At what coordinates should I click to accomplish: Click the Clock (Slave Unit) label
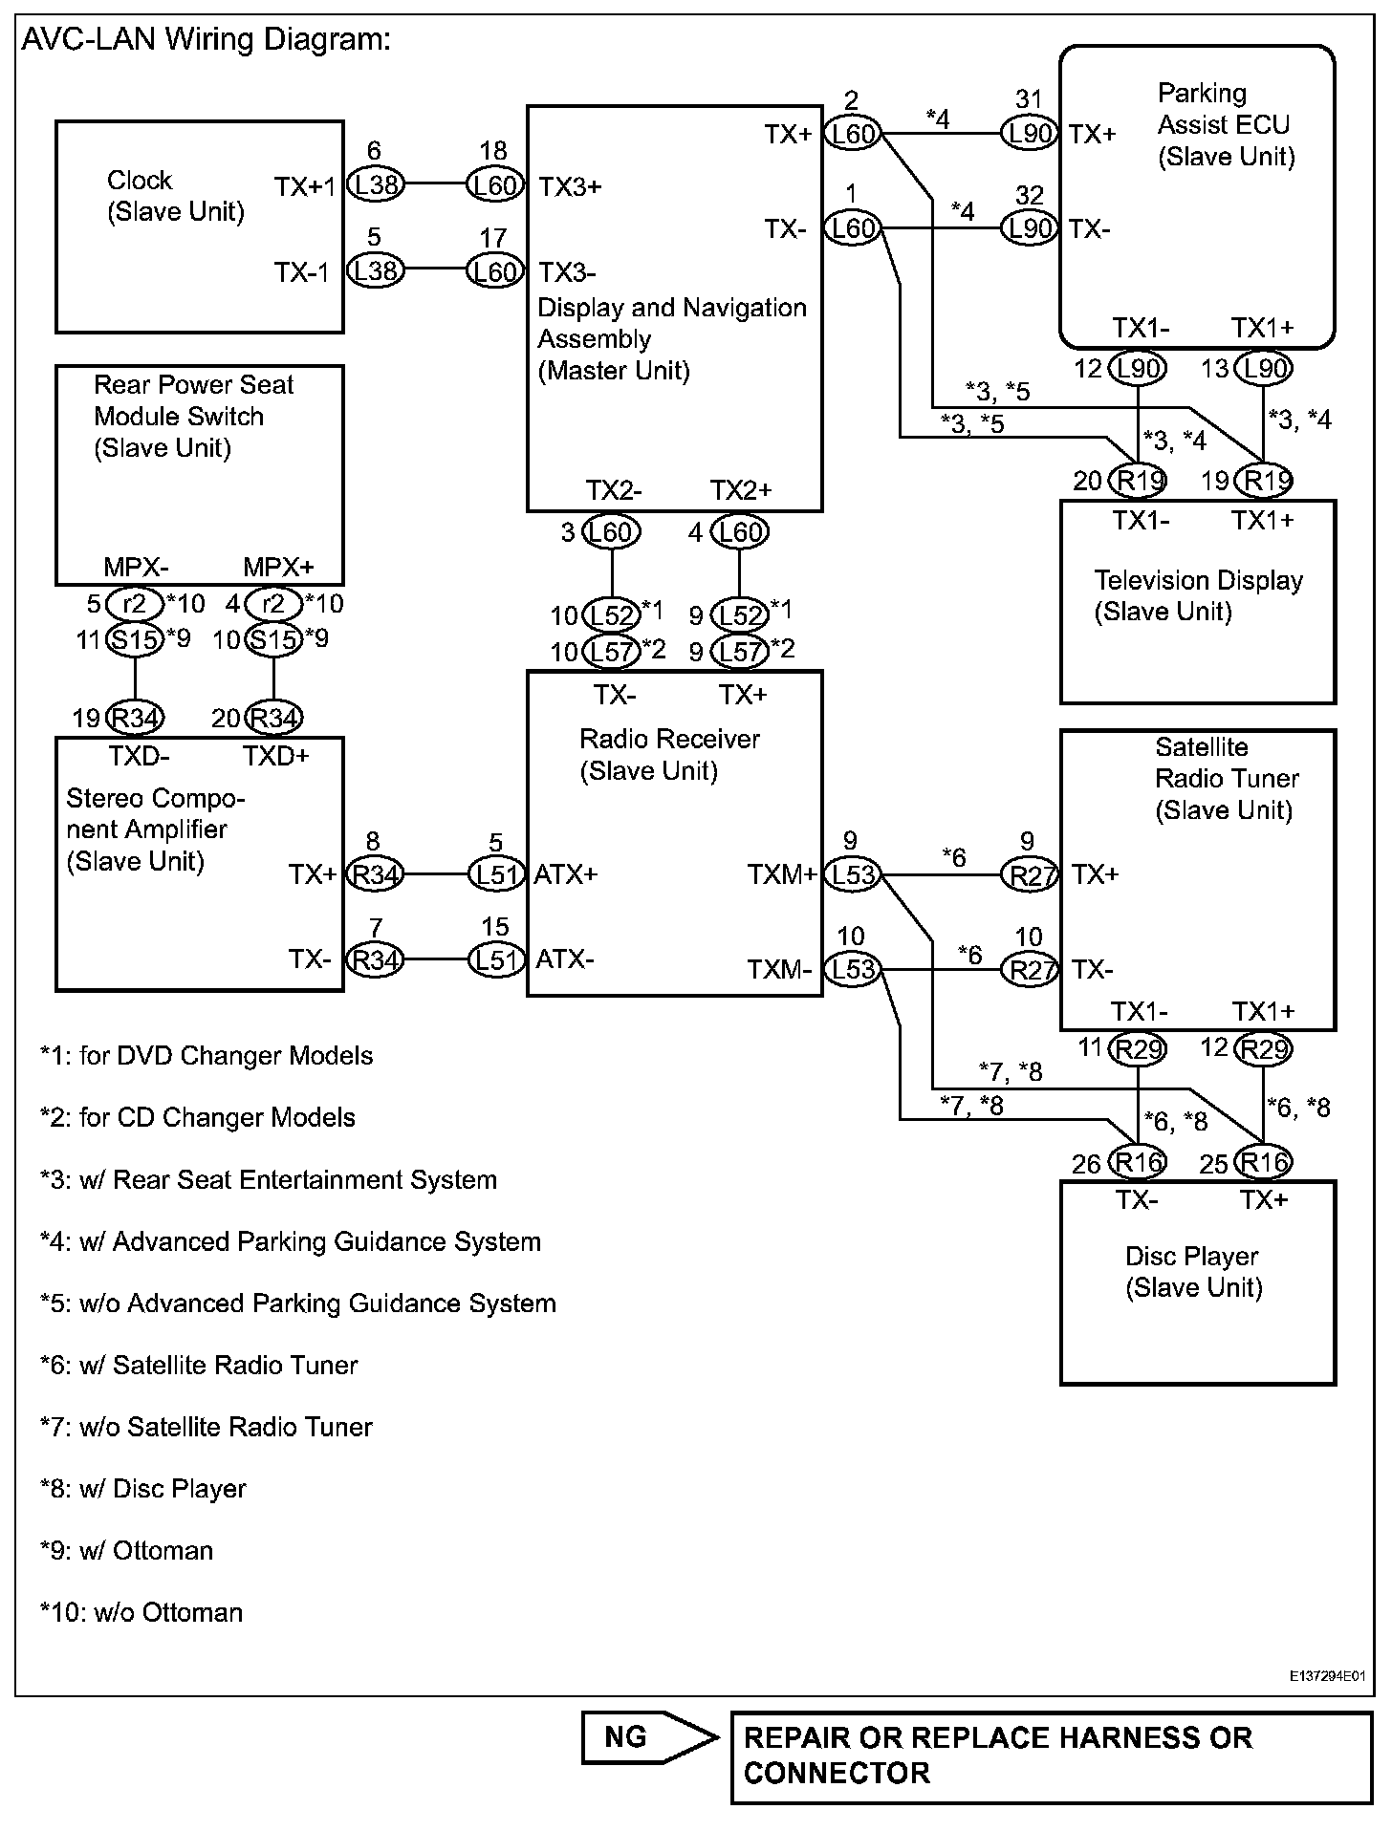175,196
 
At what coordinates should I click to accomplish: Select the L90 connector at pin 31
1029,134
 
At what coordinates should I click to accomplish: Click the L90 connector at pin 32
1029,229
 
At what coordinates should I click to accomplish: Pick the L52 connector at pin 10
612,614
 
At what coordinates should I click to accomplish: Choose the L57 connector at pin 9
739,652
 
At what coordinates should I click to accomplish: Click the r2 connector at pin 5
134,604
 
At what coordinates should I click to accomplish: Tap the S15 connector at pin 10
272,639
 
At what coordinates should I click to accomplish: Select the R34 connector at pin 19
135,718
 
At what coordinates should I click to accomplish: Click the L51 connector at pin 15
495,959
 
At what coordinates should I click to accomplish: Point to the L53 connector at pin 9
853,873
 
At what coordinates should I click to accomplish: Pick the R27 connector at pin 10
1029,970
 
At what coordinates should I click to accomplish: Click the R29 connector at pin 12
1263,1049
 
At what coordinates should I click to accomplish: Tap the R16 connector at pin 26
1138,1162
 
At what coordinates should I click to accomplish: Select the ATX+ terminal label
566,873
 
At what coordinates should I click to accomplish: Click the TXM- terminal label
779,971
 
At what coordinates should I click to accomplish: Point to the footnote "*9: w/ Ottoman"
126,1550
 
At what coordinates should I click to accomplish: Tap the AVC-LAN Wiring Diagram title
206,40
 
